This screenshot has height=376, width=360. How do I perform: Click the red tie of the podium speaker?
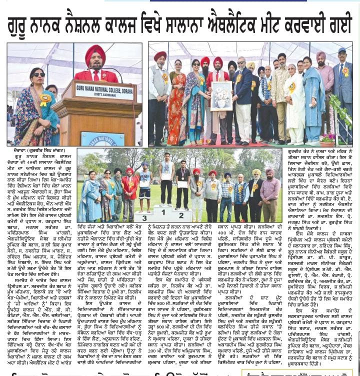pos(95,75)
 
